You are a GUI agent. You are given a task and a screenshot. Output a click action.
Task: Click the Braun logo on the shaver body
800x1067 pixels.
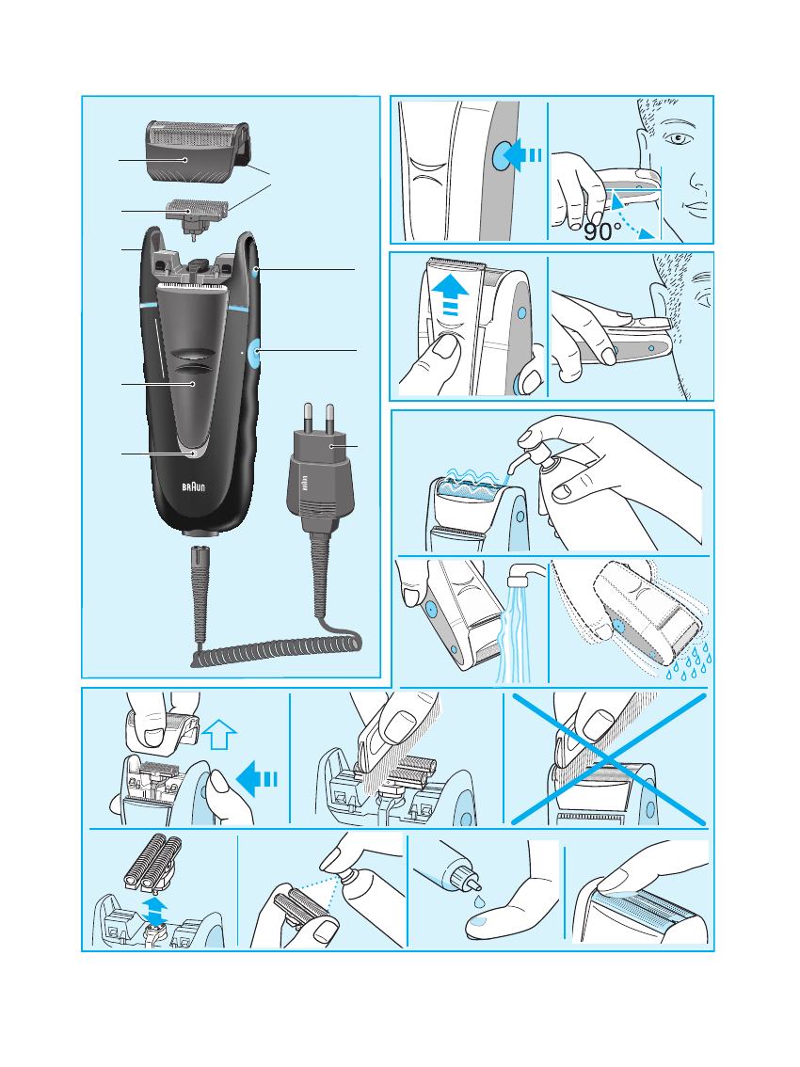pyautogui.click(x=193, y=487)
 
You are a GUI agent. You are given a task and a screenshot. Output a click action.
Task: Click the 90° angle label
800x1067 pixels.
pyautogui.click(x=602, y=231)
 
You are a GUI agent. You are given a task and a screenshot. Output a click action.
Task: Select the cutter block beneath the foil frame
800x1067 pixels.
pyautogui.click(x=197, y=217)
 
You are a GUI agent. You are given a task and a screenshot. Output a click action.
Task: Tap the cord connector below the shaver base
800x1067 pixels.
pyautogui.click(x=200, y=592)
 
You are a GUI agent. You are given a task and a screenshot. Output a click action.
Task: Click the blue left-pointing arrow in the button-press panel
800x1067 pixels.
pyautogui.click(x=524, y=155)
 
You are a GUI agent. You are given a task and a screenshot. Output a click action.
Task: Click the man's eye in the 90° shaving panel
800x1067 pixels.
pyautogui.click(x=679, y=139)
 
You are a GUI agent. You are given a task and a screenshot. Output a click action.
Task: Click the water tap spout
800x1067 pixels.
pyautogui.click(x=525, y=575)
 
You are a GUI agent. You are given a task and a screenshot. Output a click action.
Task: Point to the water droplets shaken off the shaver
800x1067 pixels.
pyautogui.click(x=689, y=662)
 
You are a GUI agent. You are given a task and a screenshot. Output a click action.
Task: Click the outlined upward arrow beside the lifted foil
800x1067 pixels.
pyautogui.click(x=218, y=735)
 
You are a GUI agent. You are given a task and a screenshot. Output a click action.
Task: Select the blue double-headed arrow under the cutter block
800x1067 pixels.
pyautogui.click(x=156, y=911)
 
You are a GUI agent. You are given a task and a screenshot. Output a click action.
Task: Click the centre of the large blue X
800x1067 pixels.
pyautogui.click(x=609, y=758)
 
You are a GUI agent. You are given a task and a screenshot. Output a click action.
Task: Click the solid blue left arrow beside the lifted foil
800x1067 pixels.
pyautogui.click(x=256, y=778)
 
